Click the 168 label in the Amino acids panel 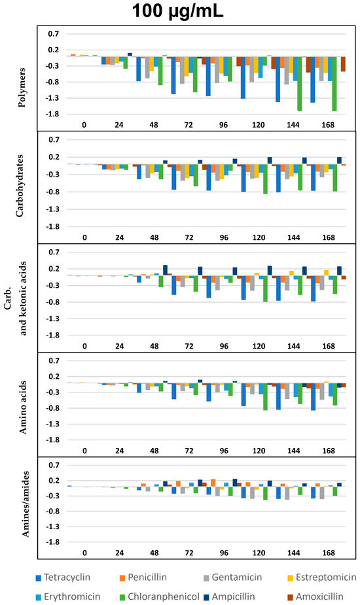[x=329, y=451]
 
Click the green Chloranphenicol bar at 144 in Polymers [x=299, y=84]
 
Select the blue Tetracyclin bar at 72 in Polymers [x=173, y=75]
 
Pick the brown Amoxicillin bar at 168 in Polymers [x=343, y=64]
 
